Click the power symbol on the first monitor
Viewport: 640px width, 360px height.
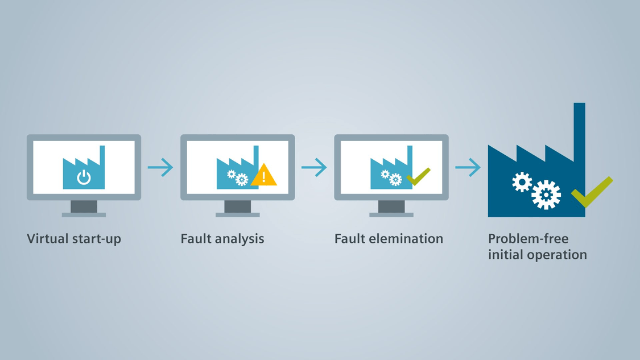point(84,177)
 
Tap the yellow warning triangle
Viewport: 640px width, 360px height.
point(263,176)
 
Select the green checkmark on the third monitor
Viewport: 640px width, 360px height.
point(418,176)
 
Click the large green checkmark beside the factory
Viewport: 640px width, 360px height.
point(592,192)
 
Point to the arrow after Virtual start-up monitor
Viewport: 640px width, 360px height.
point(160,167)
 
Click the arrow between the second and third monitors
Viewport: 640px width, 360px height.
point(314,167)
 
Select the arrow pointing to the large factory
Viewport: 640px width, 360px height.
point(468,167)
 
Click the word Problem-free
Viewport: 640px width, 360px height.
point(528,238)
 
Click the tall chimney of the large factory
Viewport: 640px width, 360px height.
point(579,131)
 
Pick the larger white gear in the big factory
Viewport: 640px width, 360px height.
point(546,195)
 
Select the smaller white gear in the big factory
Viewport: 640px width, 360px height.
point(522,182)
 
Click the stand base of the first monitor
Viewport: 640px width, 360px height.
point(84,215)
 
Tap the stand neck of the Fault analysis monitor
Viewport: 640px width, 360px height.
point(238,206)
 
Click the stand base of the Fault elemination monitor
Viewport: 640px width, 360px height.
point(391,215)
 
